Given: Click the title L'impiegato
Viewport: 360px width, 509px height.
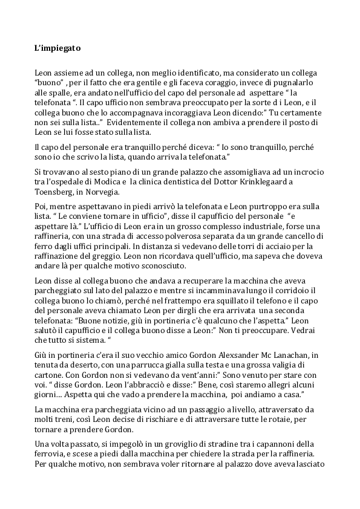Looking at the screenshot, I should pos(59,47).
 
